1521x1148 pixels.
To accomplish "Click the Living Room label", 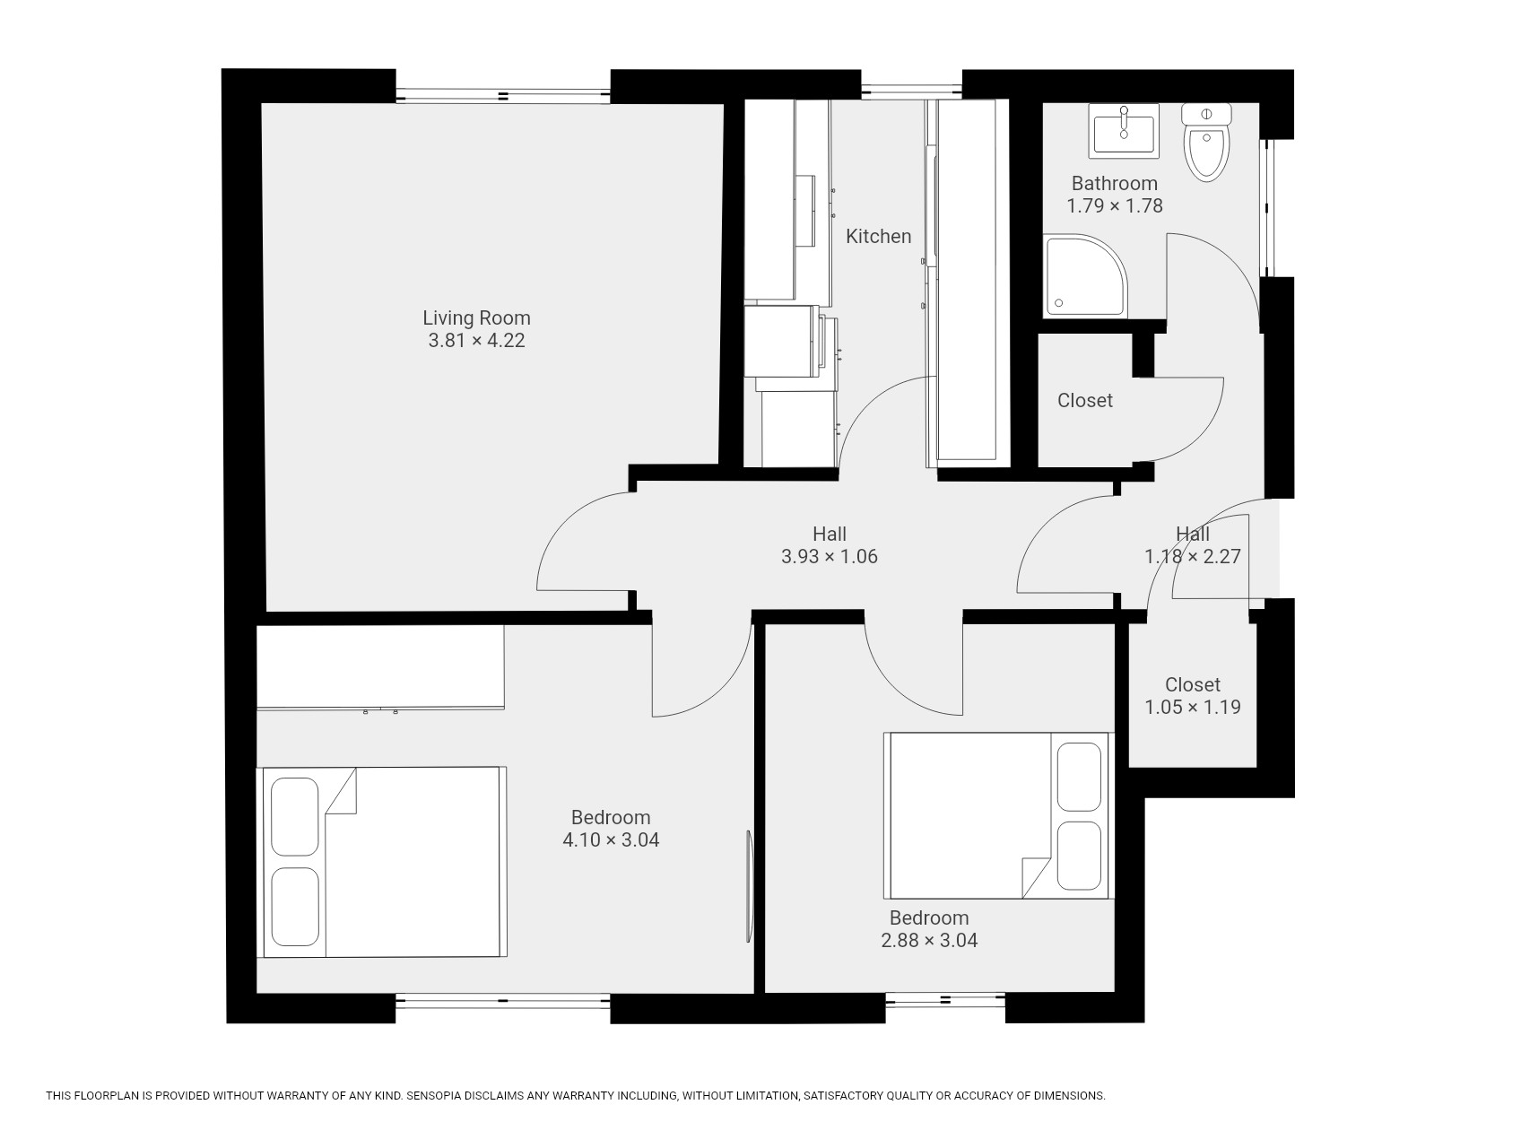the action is point(476,317).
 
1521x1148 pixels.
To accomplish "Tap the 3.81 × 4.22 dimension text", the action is point(476,341).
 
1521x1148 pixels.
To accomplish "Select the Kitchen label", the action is point(878,236).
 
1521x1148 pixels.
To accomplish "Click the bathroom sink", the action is point(1124,131).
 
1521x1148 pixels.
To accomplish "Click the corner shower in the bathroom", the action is point(1085,275).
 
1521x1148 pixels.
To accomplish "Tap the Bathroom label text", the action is point(1114,183).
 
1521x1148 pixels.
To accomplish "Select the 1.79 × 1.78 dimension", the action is point(1114,205).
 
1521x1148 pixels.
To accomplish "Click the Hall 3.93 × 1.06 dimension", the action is point(829,556).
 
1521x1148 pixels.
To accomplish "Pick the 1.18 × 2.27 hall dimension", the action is point(1192,556).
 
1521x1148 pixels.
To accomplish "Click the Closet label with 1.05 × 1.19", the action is point(1192,684).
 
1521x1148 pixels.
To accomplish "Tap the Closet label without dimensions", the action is point(1084,400).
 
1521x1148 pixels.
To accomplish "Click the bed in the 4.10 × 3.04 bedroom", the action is point(382,862).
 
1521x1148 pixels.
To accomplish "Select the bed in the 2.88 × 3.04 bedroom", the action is point(996,815).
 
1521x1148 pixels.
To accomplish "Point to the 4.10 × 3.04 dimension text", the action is point(611,840).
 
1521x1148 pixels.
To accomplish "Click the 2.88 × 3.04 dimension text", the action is point(929,941).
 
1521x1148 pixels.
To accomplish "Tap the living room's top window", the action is point(503,94).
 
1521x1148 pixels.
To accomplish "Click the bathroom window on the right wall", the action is point(1267,208).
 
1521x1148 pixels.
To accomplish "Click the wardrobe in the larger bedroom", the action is point(380,667).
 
